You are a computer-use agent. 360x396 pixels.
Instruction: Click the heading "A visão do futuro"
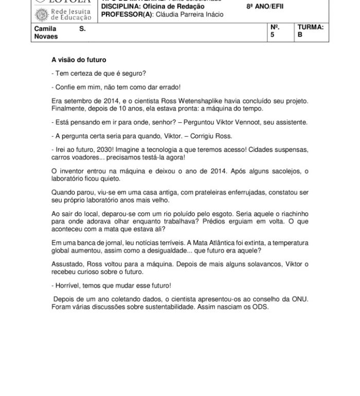point(79,60)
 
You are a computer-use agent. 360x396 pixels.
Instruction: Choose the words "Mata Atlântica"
point(194,242)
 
